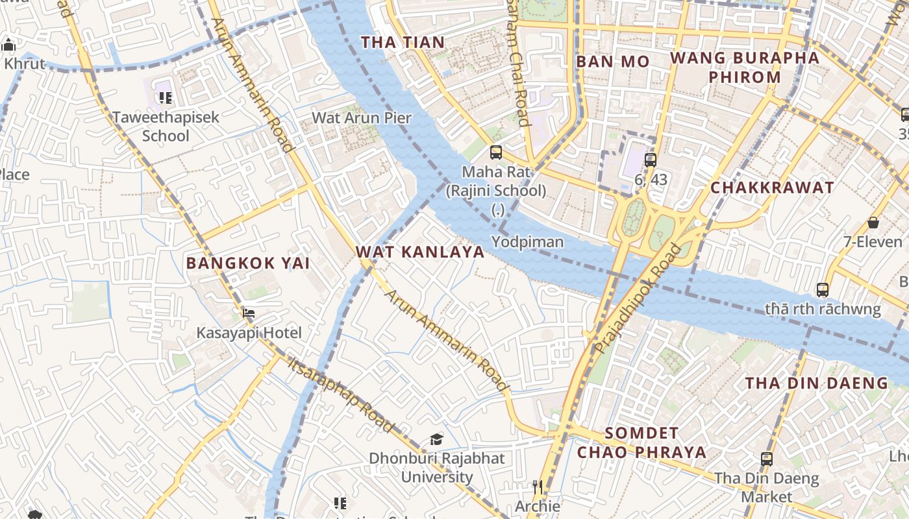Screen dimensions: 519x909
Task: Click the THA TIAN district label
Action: [x=403, y=43]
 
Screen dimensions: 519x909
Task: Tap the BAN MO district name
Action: [x=613, y=62]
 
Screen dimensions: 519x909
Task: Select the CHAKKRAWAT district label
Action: [x=772, y=188]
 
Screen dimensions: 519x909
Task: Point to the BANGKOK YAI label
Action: [x=248, y=263]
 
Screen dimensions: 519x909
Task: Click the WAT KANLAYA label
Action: [x=420, y=252]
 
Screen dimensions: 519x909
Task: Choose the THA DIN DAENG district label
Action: [x=816, y=383]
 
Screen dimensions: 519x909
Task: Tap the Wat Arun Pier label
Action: [x=362, y=118]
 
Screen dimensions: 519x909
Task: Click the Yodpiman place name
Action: [x=527, y=242]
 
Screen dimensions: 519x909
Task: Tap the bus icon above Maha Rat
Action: [x=496, y=153]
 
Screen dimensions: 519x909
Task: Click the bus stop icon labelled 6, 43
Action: [x=651, y=160]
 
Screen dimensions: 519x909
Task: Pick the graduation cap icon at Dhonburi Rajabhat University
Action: [x=436, y=440]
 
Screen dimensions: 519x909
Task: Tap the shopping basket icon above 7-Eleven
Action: [x=873, y=223]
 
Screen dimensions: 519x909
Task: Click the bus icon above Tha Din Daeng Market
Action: [x=767, y=459]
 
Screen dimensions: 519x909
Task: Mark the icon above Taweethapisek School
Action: [x=166, y=98]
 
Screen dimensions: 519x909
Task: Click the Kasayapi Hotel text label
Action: [x=249, y=333]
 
